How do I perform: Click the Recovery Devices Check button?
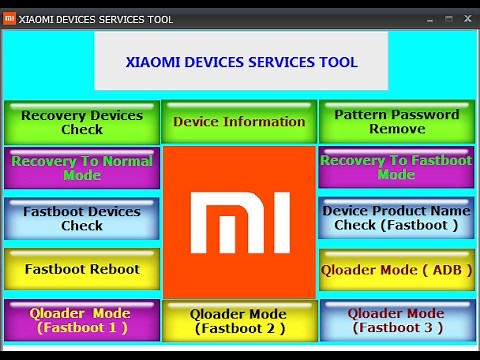[82, 122]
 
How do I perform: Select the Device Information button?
[239, 122]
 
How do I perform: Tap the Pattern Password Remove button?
[397, 122]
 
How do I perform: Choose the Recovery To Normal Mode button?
[82, 168]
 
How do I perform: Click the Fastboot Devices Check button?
[82, 218]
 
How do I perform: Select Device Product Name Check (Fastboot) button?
[397, 218]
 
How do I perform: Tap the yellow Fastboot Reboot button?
[82, 269]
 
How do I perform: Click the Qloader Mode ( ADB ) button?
[397, 269]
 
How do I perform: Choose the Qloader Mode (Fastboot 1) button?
[82, 320]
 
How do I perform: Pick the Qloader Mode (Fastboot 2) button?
[239, 321]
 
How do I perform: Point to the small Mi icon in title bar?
[10, 19]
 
